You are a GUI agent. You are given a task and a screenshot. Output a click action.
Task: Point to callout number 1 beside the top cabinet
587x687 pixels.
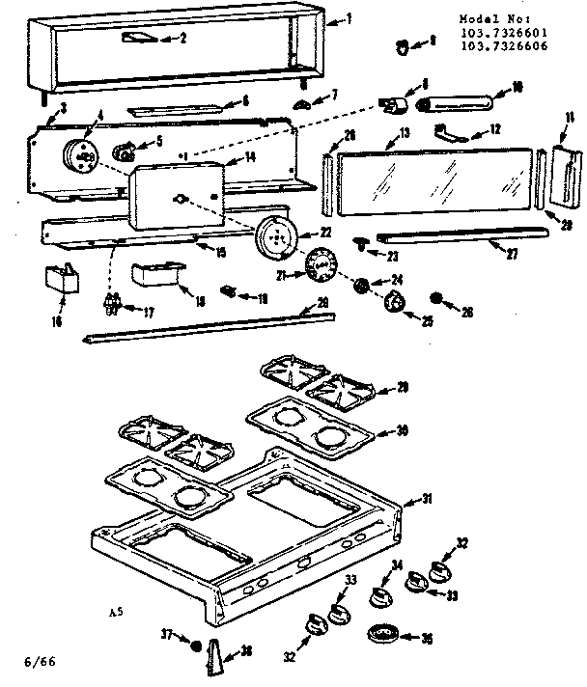(349, 19)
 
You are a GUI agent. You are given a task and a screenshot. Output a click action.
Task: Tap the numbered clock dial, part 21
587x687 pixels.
(319, 261)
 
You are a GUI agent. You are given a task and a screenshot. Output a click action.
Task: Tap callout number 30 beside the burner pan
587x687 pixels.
(402, 431)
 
